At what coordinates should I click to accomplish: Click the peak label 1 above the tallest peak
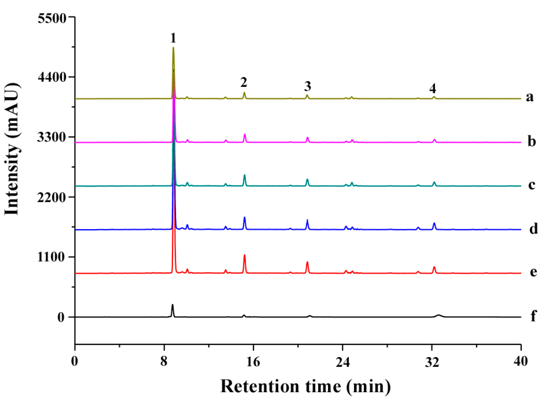point(173,38)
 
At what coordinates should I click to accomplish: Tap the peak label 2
point(244,82)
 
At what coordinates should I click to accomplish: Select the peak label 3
point(308,86)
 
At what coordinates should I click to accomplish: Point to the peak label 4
point(433,88)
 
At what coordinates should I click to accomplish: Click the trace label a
point(529,97)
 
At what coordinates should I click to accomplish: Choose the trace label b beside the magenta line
point(532,141)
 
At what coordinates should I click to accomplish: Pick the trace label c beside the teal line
point(532,184)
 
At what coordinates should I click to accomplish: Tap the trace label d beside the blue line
point(533,228)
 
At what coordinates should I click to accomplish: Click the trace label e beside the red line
point(533,272)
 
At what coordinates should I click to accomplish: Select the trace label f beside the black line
point(533,316)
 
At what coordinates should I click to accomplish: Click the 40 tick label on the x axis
point(521,361)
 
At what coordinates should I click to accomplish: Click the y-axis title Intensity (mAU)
point(12,149)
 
